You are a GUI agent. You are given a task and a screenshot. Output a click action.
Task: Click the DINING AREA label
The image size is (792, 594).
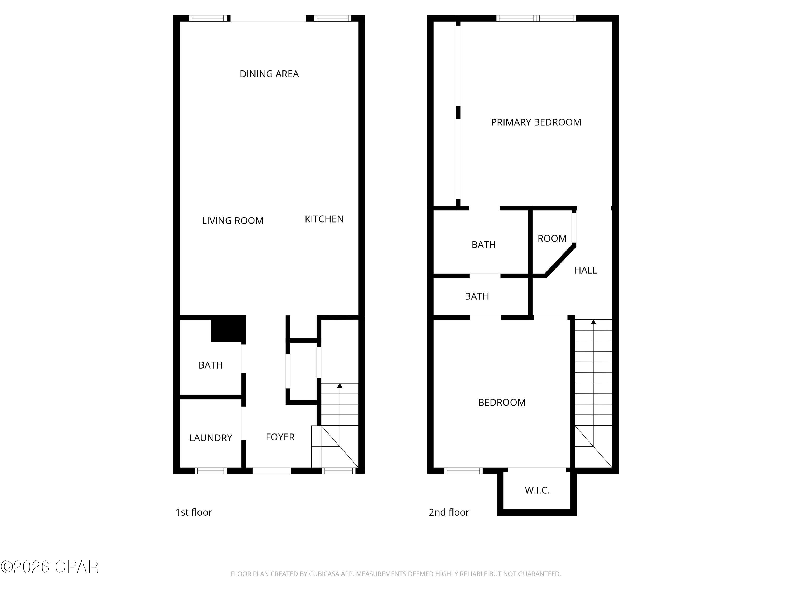269,74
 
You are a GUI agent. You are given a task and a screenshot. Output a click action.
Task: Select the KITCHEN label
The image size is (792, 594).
324,219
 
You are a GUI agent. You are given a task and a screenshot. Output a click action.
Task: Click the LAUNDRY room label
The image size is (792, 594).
210,438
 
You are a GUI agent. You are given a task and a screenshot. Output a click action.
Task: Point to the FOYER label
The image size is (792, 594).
280,437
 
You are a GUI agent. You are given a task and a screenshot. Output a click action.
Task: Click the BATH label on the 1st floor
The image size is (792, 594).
210,365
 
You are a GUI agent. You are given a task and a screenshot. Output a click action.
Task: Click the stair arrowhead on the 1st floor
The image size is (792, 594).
340,386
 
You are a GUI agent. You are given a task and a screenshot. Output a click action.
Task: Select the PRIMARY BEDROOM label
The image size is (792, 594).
536,122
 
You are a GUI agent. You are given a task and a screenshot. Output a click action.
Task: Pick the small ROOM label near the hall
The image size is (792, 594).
552,238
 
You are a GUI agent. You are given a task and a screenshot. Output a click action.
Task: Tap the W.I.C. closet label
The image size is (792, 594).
537,491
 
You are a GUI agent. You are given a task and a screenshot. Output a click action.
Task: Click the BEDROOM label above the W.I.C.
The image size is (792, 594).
502,402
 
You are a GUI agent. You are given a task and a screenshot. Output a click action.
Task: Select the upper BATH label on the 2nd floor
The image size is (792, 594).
483,245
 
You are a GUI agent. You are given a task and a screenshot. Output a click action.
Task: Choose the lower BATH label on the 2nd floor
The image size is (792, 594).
477,296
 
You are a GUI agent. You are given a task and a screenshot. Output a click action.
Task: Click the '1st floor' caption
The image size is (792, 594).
194,512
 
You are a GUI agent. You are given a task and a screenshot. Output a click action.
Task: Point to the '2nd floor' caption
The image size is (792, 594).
449,512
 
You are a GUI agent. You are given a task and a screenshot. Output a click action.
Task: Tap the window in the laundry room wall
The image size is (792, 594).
210,470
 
